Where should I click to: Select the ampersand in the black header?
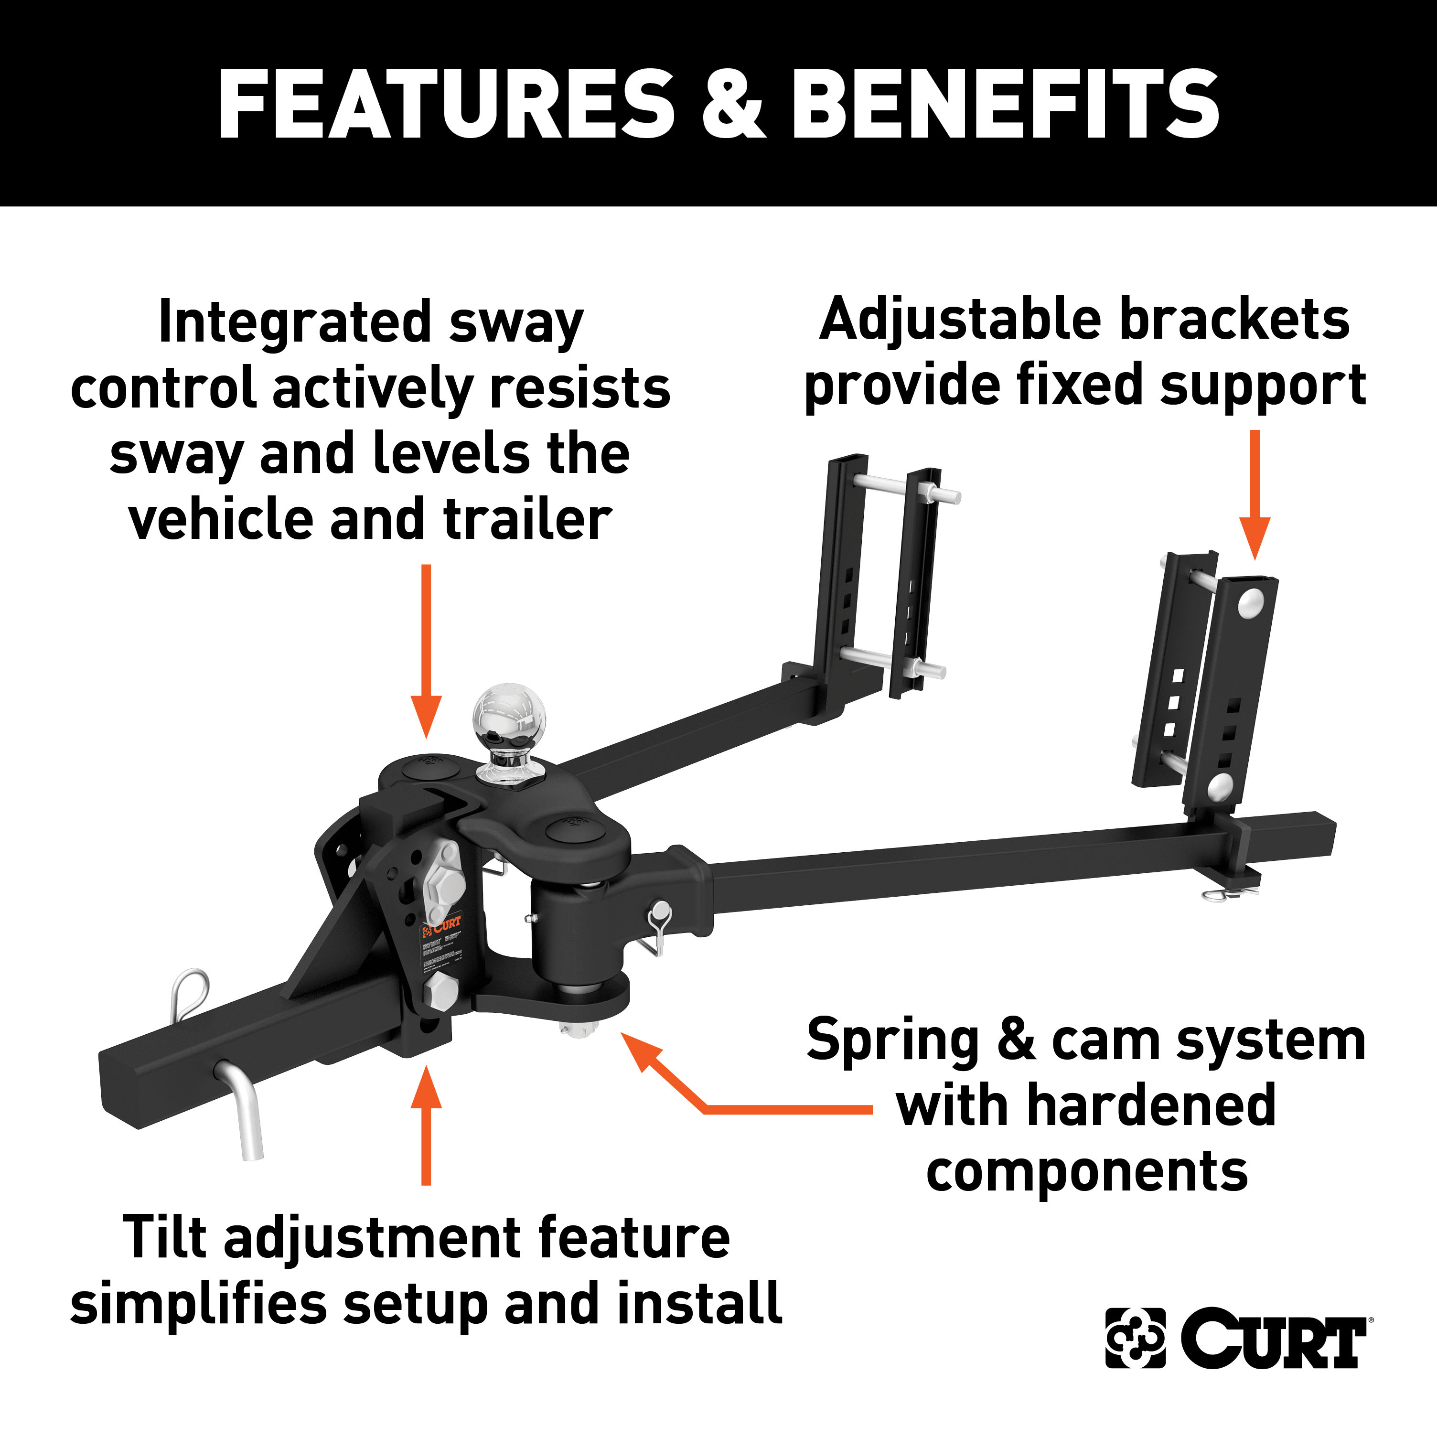coord(733,104)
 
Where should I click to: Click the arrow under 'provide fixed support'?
coord(1255,494)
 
